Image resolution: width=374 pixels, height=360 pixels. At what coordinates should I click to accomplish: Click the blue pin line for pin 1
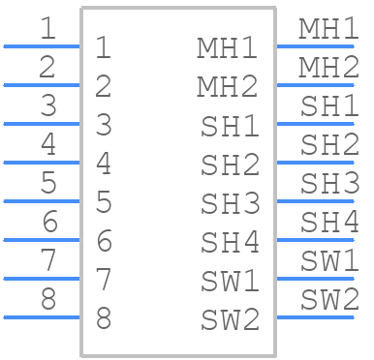pos(42,46)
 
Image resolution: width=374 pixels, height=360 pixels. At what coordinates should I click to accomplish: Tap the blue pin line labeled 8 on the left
pos(42,317)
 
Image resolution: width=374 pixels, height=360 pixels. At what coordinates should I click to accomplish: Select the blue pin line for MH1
pos(315,46)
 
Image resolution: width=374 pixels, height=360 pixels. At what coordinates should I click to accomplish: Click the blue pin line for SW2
pos(315,317)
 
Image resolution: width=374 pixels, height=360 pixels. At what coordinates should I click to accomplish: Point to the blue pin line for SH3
pos(315,201)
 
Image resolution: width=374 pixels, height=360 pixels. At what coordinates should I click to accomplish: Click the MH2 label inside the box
pos(228,86)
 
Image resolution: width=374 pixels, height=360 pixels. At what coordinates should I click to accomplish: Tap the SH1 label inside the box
pos(230,126)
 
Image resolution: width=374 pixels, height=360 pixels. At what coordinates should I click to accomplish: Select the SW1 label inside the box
pos(230,281)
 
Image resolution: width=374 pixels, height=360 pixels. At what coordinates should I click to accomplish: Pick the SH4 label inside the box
pos(230,242)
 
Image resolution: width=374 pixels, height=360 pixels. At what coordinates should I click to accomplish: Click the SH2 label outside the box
pos(329,144)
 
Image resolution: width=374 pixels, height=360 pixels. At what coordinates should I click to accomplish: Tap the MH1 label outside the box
pos(328,29)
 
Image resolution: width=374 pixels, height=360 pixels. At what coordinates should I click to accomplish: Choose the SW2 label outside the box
pos(329,299)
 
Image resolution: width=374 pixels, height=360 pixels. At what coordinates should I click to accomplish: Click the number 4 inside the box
pos(104,164)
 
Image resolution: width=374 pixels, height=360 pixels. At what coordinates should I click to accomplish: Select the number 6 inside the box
pos(105,241)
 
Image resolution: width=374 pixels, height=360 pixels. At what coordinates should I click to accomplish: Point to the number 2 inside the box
pos(104,86)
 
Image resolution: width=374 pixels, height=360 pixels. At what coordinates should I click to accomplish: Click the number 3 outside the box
pos(48,105)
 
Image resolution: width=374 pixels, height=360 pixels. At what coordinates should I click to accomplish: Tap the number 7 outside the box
pos(48,260)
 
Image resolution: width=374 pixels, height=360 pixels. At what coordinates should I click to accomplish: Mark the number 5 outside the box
pos(48,183)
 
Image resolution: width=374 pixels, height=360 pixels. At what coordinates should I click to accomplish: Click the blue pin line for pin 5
pos(42,201)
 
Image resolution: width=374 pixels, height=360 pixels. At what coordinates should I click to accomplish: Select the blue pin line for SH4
pos(315,240)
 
